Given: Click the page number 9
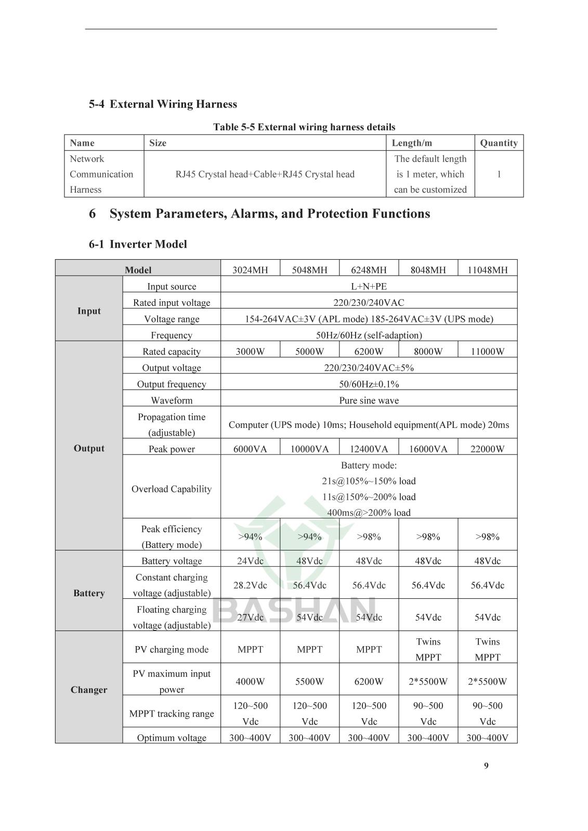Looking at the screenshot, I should point(486,766).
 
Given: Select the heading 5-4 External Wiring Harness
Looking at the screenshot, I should point(163,104).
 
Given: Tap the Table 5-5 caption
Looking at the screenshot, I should point(304,127).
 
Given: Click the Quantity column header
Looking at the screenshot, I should point(499,143).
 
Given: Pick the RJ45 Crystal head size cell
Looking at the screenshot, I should point(265,174).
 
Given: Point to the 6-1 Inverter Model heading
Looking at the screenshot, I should point(138,244).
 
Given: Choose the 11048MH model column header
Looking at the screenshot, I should point(487,270).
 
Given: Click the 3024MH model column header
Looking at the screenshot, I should point(250,270).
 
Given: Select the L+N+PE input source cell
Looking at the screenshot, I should point(369,286).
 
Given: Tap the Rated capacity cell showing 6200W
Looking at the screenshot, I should point(369,352).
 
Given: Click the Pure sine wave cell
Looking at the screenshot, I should point(369,400).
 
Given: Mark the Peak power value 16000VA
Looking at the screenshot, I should point(428,449).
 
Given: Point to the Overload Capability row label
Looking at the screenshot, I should point(172,489).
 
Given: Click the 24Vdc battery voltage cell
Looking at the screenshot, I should point(250,561).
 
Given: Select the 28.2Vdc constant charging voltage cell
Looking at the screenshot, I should point(250,585).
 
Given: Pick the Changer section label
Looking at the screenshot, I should point(89,690).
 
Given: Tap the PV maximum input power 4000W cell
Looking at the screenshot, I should point(250,681).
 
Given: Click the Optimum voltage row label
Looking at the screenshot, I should point(172,738).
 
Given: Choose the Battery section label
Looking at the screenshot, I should point(89,593).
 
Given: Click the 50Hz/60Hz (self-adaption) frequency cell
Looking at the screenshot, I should point(369,335).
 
